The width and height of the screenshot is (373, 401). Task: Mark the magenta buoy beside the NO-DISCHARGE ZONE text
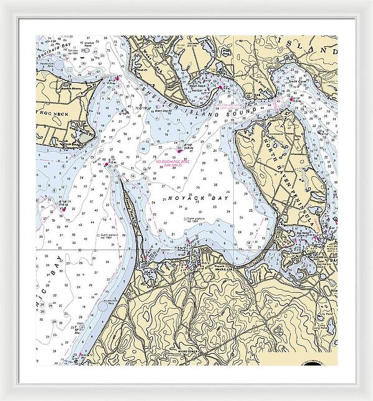[x=180, y=150]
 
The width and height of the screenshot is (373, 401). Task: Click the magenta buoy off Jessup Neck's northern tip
[x=106, y=164]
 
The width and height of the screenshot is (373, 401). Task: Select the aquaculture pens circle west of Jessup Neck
[x=102, y=306]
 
